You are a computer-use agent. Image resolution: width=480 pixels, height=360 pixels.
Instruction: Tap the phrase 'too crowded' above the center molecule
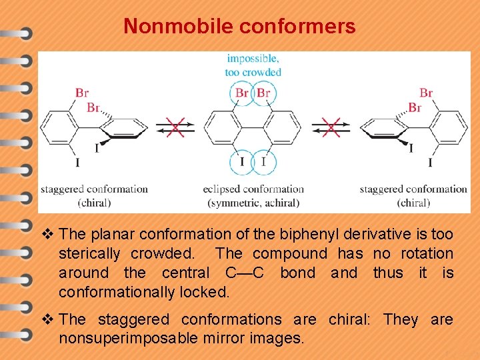[253, 72]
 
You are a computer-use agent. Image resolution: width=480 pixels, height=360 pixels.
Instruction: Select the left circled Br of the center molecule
[241, 93]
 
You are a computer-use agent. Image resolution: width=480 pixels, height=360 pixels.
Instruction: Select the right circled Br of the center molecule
[263, 93]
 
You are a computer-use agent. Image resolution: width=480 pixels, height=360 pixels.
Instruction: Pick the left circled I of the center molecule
[241, 161]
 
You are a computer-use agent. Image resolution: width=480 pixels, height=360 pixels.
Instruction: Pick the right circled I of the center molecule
[264, 161]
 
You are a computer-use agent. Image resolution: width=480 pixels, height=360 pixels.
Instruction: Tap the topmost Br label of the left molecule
[82, 93]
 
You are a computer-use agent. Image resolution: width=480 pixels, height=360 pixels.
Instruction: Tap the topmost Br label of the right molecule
[425, 93]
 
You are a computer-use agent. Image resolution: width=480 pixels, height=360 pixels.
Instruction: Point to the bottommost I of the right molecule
[430, 162]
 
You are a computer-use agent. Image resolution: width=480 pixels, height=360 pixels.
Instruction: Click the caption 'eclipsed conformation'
[253, 189]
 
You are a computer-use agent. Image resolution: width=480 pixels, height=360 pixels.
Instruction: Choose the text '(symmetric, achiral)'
[253, 203]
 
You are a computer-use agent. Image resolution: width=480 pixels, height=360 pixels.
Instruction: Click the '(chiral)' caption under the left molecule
[94, 203]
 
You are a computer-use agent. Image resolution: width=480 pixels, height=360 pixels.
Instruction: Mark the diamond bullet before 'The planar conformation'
[46, 234]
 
